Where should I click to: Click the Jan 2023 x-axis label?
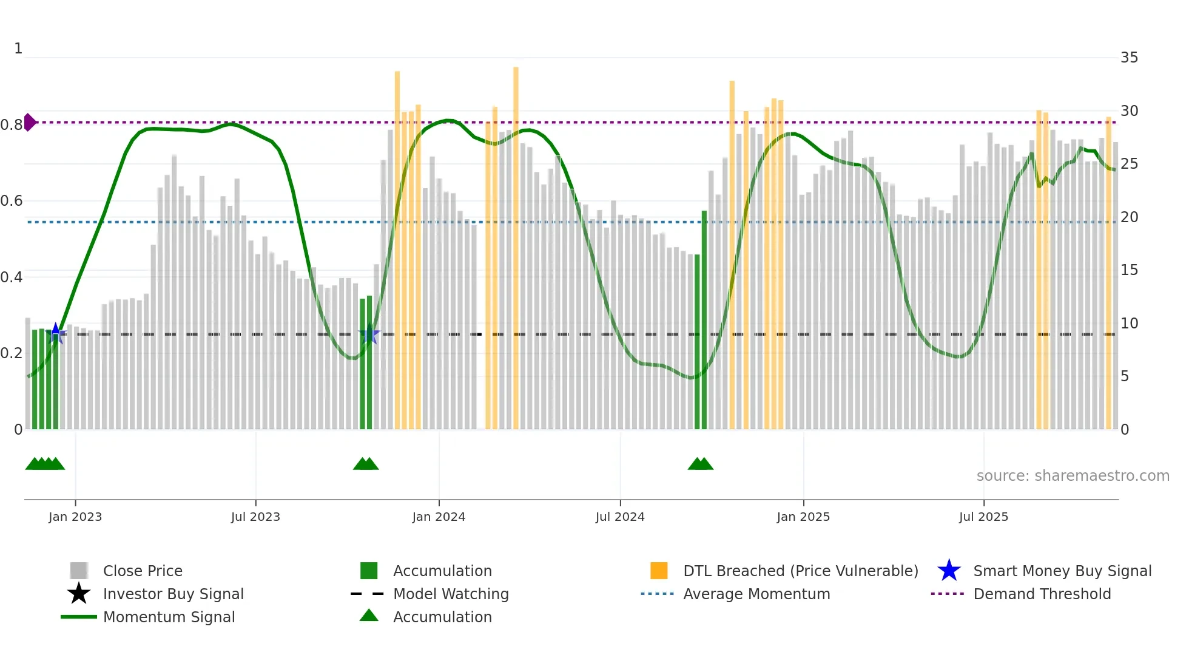pyautogui.click(x=75, y=517)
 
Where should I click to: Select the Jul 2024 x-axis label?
pyautogui.click(x=620, y=517)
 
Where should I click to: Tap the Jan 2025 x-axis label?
pyautogui.click(x=803, y=517)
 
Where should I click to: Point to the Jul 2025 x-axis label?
pyautogui.click(x=983, y=517)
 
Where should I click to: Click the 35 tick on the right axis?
pyautogui.click(x=1129, y=58)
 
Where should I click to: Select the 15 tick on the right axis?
pyautogui.click(x=1129, y=270)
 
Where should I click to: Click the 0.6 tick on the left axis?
pyautogui.click(x=12, y=201)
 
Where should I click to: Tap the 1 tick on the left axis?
pyautogui.click(x=18, y=49)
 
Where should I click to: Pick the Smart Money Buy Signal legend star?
pyautogui.click(x=949, y=571)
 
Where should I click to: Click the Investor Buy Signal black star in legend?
pyautogui.click(x=79, y=594)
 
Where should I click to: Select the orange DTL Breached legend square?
pyautogui.click(x=659, y=571)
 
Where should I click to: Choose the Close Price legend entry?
pyautogui.click(x=143, y=571)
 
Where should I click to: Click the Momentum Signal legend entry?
pyautogui.click(x=169, y=617)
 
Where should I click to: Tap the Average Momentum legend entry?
pyautogui.click(x=756, y=594)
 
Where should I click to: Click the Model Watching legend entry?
pyautogui.click(x=451, y=594)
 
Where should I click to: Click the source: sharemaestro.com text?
pyautogui.click(x=1073, y=476)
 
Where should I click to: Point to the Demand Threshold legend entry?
pyautogui.click(x=1042, y=594)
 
